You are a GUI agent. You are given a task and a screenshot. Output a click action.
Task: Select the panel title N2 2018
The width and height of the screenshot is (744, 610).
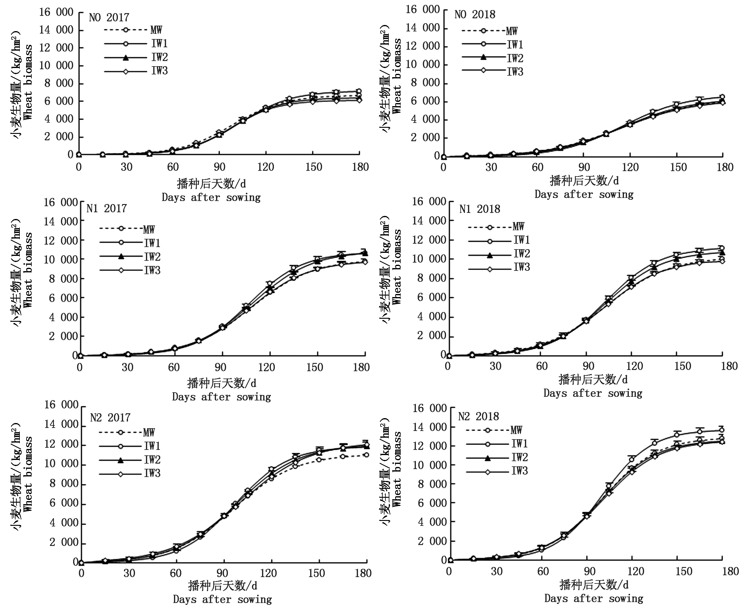coord(478,416)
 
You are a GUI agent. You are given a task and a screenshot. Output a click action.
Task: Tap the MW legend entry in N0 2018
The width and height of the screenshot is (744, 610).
coord(512,31)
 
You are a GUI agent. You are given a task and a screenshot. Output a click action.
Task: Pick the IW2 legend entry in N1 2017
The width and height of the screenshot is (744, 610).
coord(152,257)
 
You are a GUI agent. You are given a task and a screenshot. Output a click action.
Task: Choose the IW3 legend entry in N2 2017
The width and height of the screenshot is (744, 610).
coord(152,473)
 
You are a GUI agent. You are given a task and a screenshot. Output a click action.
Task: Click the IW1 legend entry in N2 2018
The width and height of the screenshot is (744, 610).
coord(519,444)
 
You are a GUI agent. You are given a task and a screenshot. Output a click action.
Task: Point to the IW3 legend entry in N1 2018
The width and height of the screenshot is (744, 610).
coord(522,267)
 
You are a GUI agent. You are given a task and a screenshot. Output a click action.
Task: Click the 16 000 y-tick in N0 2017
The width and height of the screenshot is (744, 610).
coord(56,12)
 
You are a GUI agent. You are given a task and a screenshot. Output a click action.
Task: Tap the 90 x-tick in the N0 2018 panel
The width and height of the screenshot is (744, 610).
coord(584,167)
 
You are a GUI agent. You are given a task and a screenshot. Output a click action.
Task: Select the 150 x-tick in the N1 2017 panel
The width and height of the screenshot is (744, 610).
coord(314,367)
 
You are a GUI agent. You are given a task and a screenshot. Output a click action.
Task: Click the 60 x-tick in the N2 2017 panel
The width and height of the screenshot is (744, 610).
coord(175,573)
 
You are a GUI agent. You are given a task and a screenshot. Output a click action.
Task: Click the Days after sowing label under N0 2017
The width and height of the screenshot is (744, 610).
coord(211,197)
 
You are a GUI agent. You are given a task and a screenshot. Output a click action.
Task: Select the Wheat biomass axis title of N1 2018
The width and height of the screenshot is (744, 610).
coord(397,267)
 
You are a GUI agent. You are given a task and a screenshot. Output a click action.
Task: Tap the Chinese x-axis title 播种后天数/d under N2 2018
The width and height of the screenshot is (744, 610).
coord(593,585)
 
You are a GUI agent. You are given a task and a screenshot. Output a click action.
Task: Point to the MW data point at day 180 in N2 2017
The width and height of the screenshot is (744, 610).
coord(366,455)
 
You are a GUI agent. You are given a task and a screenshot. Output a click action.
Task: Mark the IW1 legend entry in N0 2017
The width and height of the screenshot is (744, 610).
coord(159,44)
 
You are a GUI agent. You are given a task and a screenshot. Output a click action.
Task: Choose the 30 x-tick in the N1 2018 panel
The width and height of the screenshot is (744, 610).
coord(495,366)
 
